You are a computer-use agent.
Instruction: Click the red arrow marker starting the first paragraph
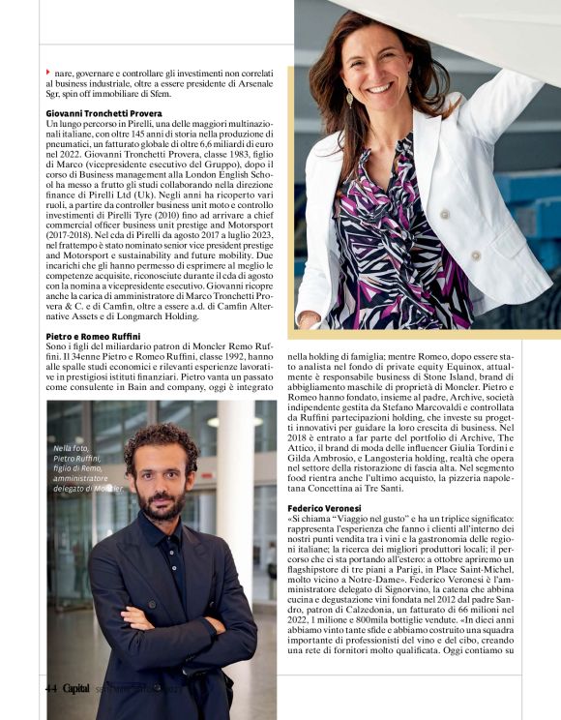tap(48, 73)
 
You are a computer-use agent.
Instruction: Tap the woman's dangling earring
tap(349, 97)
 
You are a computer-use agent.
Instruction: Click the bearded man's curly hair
tap(160, 443)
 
